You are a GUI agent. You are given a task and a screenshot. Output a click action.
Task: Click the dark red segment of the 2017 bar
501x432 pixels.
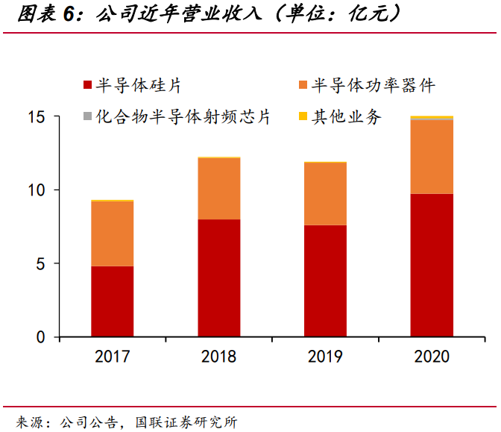113,301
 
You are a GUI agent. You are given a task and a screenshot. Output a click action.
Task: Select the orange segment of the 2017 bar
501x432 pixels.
113,234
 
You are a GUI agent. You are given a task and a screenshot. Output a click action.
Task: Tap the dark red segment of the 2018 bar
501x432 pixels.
218,278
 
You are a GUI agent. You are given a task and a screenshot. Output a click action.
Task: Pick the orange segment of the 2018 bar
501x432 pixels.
218,189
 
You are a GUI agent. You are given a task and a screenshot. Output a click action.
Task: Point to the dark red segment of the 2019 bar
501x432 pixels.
325,281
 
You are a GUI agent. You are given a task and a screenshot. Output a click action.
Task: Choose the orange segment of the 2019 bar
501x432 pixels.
325,193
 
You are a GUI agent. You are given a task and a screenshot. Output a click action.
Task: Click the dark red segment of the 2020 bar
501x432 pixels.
432,265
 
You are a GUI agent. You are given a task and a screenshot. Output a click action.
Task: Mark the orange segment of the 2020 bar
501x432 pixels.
432,157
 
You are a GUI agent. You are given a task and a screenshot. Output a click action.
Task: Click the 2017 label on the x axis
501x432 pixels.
113,356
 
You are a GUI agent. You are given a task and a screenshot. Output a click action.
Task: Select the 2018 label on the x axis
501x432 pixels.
218,356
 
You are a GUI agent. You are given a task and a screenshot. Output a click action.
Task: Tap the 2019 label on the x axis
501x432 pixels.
325,356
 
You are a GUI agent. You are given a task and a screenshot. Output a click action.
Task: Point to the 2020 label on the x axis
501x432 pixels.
432,356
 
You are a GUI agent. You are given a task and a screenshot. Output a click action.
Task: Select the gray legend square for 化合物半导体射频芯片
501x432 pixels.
87,117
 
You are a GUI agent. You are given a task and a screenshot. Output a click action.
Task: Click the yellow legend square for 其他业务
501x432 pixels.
303,117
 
